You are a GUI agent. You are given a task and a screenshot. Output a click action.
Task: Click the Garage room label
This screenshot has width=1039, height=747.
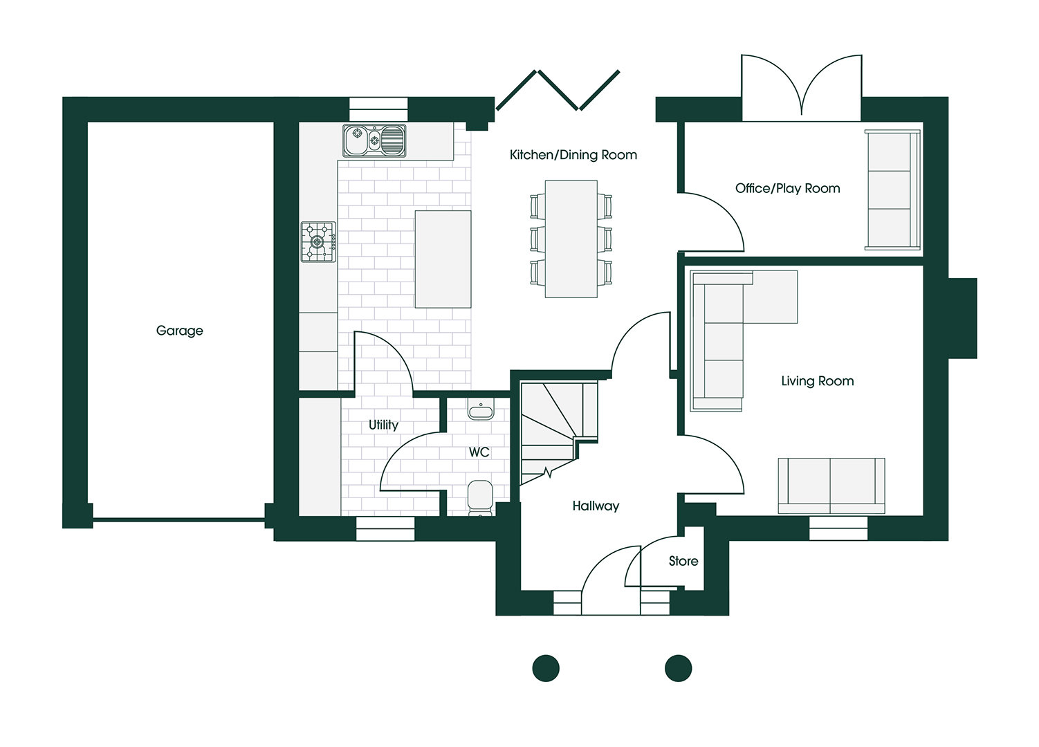(x=179, y=331)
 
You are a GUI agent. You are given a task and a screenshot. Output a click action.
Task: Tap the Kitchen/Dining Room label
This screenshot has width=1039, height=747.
(x=573, y=155)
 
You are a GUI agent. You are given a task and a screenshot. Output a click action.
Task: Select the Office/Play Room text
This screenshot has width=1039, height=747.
(x=788, y=188)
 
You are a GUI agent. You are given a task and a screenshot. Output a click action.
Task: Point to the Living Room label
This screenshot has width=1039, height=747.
(x=817, y=381)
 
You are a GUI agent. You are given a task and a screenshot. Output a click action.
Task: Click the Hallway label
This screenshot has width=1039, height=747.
(x=596, y=506)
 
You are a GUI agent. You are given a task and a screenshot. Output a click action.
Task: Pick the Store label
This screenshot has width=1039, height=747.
(x=683, y=561)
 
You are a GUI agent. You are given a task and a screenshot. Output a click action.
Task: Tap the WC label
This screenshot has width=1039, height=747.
(x=479, y=452)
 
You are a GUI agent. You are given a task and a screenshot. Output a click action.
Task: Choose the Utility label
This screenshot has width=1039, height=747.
(x=384, y=425)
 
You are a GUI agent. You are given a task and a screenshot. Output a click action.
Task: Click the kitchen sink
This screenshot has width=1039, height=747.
(x=374, y=140)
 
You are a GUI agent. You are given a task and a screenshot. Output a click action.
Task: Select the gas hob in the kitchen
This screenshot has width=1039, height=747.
(x=318, y=242)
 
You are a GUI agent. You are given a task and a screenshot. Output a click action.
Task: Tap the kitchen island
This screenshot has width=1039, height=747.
(x=443, y=259)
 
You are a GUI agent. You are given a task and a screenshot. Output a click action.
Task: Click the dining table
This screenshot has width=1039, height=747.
(x=571, y=239)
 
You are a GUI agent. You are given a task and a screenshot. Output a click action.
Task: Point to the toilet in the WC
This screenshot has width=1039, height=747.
(x=480, y=497)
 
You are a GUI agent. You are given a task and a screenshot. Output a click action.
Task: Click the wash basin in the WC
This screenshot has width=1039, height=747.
(x=481, y=409)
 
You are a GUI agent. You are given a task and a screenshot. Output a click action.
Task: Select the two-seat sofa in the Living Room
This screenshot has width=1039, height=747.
(x=831, y=486)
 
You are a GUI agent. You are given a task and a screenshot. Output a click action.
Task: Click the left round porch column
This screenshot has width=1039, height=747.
(x=546, y=668)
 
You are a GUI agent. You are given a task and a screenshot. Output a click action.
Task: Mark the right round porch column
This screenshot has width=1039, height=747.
(x=678, y=668)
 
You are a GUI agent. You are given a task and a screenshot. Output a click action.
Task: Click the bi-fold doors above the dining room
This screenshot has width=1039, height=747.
(x=558, y=91)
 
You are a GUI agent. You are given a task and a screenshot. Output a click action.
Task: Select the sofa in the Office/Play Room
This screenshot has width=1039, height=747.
(x=892, y=190)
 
